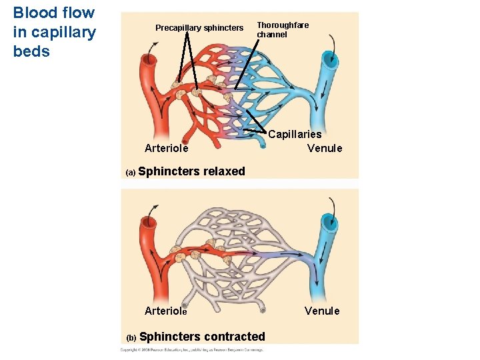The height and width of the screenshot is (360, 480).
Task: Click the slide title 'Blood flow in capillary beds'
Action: pos(54,32)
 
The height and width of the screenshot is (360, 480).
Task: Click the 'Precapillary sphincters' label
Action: pos(199,28)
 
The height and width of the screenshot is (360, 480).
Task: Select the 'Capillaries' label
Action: pos(295,135)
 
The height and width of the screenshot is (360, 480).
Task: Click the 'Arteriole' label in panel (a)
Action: pos(166,148)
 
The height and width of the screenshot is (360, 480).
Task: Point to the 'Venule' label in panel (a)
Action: pos(324,148)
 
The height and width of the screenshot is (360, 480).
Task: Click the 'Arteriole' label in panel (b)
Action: pos(166,311)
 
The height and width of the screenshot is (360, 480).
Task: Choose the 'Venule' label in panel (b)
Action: pos(322,311)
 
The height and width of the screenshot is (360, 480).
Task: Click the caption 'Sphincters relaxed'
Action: pos(191,171)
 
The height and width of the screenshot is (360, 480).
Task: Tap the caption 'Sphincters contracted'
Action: pos(202,337)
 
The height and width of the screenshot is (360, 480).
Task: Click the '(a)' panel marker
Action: pos(131,173)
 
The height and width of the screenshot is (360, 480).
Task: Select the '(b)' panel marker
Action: pos(131,338)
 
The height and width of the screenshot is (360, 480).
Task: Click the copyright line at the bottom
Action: pos(192,349)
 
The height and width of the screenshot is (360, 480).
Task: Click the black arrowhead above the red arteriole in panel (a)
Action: pos(157,42)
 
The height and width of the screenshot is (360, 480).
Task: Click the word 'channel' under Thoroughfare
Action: pos(272,35)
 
